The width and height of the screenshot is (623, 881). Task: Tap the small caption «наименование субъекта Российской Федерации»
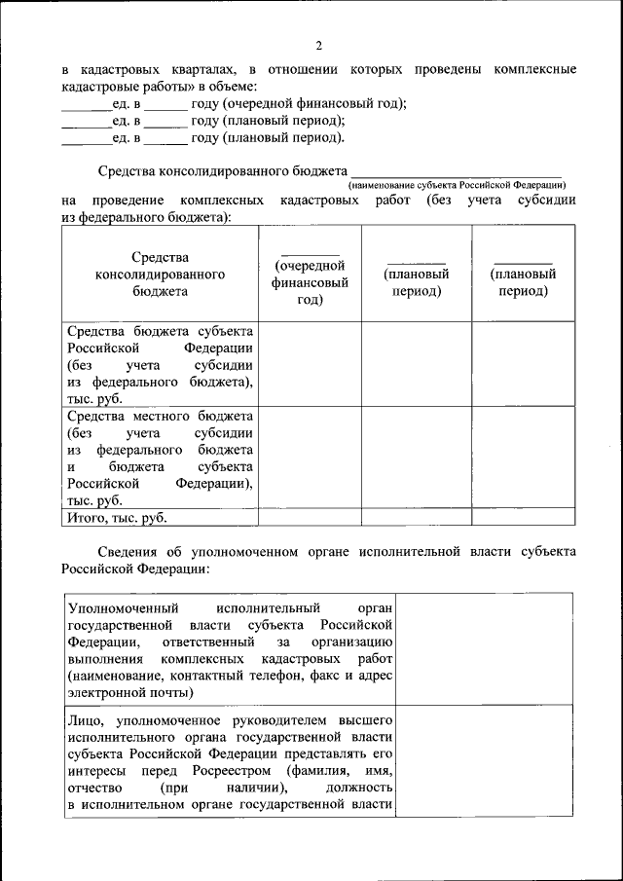click(x=457, y=184)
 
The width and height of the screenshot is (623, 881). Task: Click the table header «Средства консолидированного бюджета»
click(x=160, y=274)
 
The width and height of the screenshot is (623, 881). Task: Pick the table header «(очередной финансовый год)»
click(x=310, y=282)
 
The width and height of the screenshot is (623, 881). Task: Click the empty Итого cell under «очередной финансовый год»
click(x=310, y=518)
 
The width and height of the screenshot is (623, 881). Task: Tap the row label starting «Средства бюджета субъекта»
click(x=160, y=365)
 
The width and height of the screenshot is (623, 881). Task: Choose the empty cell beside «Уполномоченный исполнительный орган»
click(x=484, y=648)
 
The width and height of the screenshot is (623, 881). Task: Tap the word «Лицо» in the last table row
click(x=83, y=720)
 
